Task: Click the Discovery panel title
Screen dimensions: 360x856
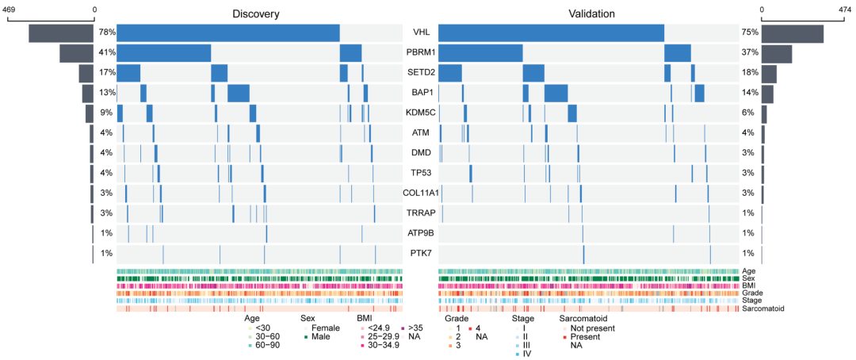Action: pyautogui.click(x=255, y=14)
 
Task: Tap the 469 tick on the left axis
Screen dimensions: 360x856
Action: pyautogui.click(x=12, y=10)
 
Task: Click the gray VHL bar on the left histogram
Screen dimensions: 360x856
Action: pyautogui.click(x=62, y=33)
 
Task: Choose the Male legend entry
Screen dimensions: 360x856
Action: pyautogui.click(x=318, y=337)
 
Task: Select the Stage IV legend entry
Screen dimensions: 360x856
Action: pyautogui.click(x=527, y=354)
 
